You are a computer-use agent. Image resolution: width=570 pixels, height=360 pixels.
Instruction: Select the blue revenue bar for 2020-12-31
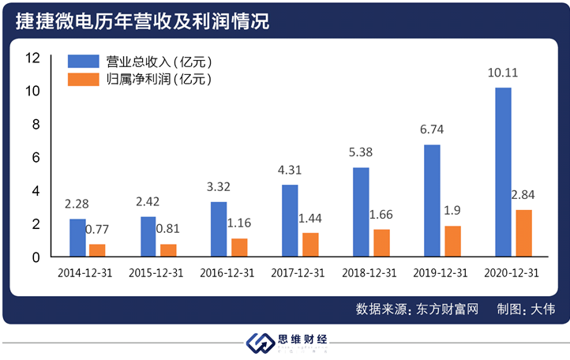[503, 172]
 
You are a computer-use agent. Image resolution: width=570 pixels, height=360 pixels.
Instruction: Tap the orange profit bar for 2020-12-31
[523, 233]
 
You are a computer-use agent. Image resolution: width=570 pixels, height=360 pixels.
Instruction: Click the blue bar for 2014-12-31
[77, 238]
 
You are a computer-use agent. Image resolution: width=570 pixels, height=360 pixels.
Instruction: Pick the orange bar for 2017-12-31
[310, 245]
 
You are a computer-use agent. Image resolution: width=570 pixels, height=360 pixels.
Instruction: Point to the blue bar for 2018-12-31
[361, 212]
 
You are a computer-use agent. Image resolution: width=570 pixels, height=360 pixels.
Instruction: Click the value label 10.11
[504, 74]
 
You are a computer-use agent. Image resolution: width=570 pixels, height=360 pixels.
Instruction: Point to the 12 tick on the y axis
[32, 58]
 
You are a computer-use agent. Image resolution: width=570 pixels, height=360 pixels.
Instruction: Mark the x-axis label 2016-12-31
[228, 272]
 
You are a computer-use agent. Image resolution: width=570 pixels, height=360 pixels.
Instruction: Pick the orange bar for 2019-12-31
[452, 241]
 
